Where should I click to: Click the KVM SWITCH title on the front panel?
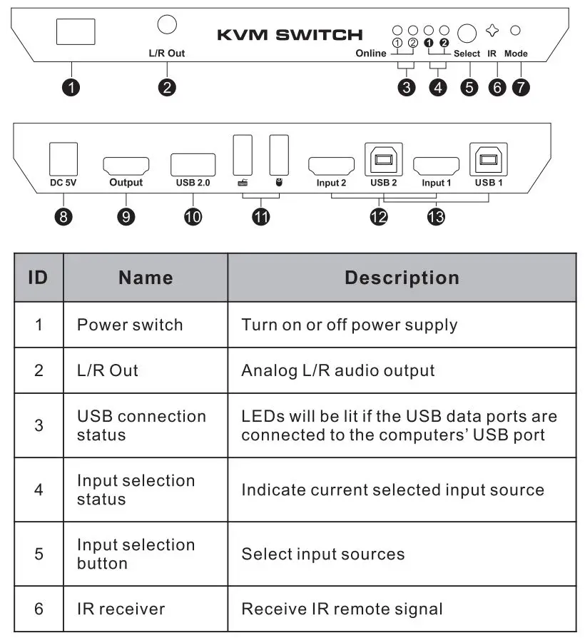pos(290,34)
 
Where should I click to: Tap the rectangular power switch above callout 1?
pos(75,33)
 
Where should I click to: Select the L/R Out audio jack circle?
pos(166,24)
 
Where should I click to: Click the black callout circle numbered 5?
pos(469,88)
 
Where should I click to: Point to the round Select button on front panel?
pos(467,34)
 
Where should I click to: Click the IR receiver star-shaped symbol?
pos(492,31)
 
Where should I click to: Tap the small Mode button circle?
pos(516,31)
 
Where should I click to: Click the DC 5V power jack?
pos(63,158)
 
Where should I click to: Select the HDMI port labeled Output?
pos(126,166)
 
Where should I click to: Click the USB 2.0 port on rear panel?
pos(193,165)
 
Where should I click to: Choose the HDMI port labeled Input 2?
pos(331,166)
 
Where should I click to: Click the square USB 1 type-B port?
pos(489,159)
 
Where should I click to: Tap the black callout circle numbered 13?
pos(434,217)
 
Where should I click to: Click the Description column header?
pos(402,278)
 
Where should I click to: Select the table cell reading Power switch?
pos(130,325)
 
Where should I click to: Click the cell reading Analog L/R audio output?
pos(337,370)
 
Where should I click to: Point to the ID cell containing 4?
pos(39,490)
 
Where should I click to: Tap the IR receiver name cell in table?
pos(121,609)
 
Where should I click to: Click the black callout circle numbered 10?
pos(193,217)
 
